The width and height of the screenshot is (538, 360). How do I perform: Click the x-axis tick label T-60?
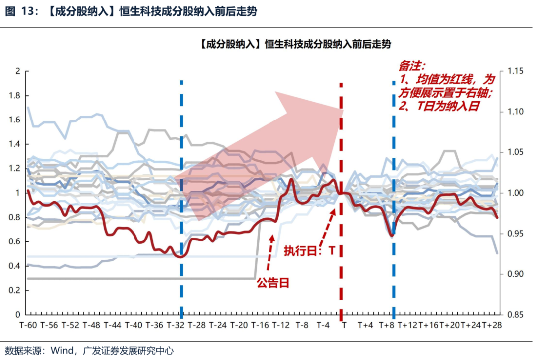(x=28, y=325)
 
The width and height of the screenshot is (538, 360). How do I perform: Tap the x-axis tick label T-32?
(x=175, y=325)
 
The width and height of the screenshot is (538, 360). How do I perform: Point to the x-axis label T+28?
(x=490, y=325)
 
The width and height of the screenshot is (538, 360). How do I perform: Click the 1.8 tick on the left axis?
(x=15, y=96)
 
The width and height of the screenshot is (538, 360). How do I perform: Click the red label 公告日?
(x=273, y=283)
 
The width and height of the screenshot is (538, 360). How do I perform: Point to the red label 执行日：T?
(x=309, y=251)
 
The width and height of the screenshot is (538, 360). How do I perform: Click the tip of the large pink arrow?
(x=343, y=111)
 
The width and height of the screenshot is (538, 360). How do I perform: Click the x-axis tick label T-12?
(x=281, y=325)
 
